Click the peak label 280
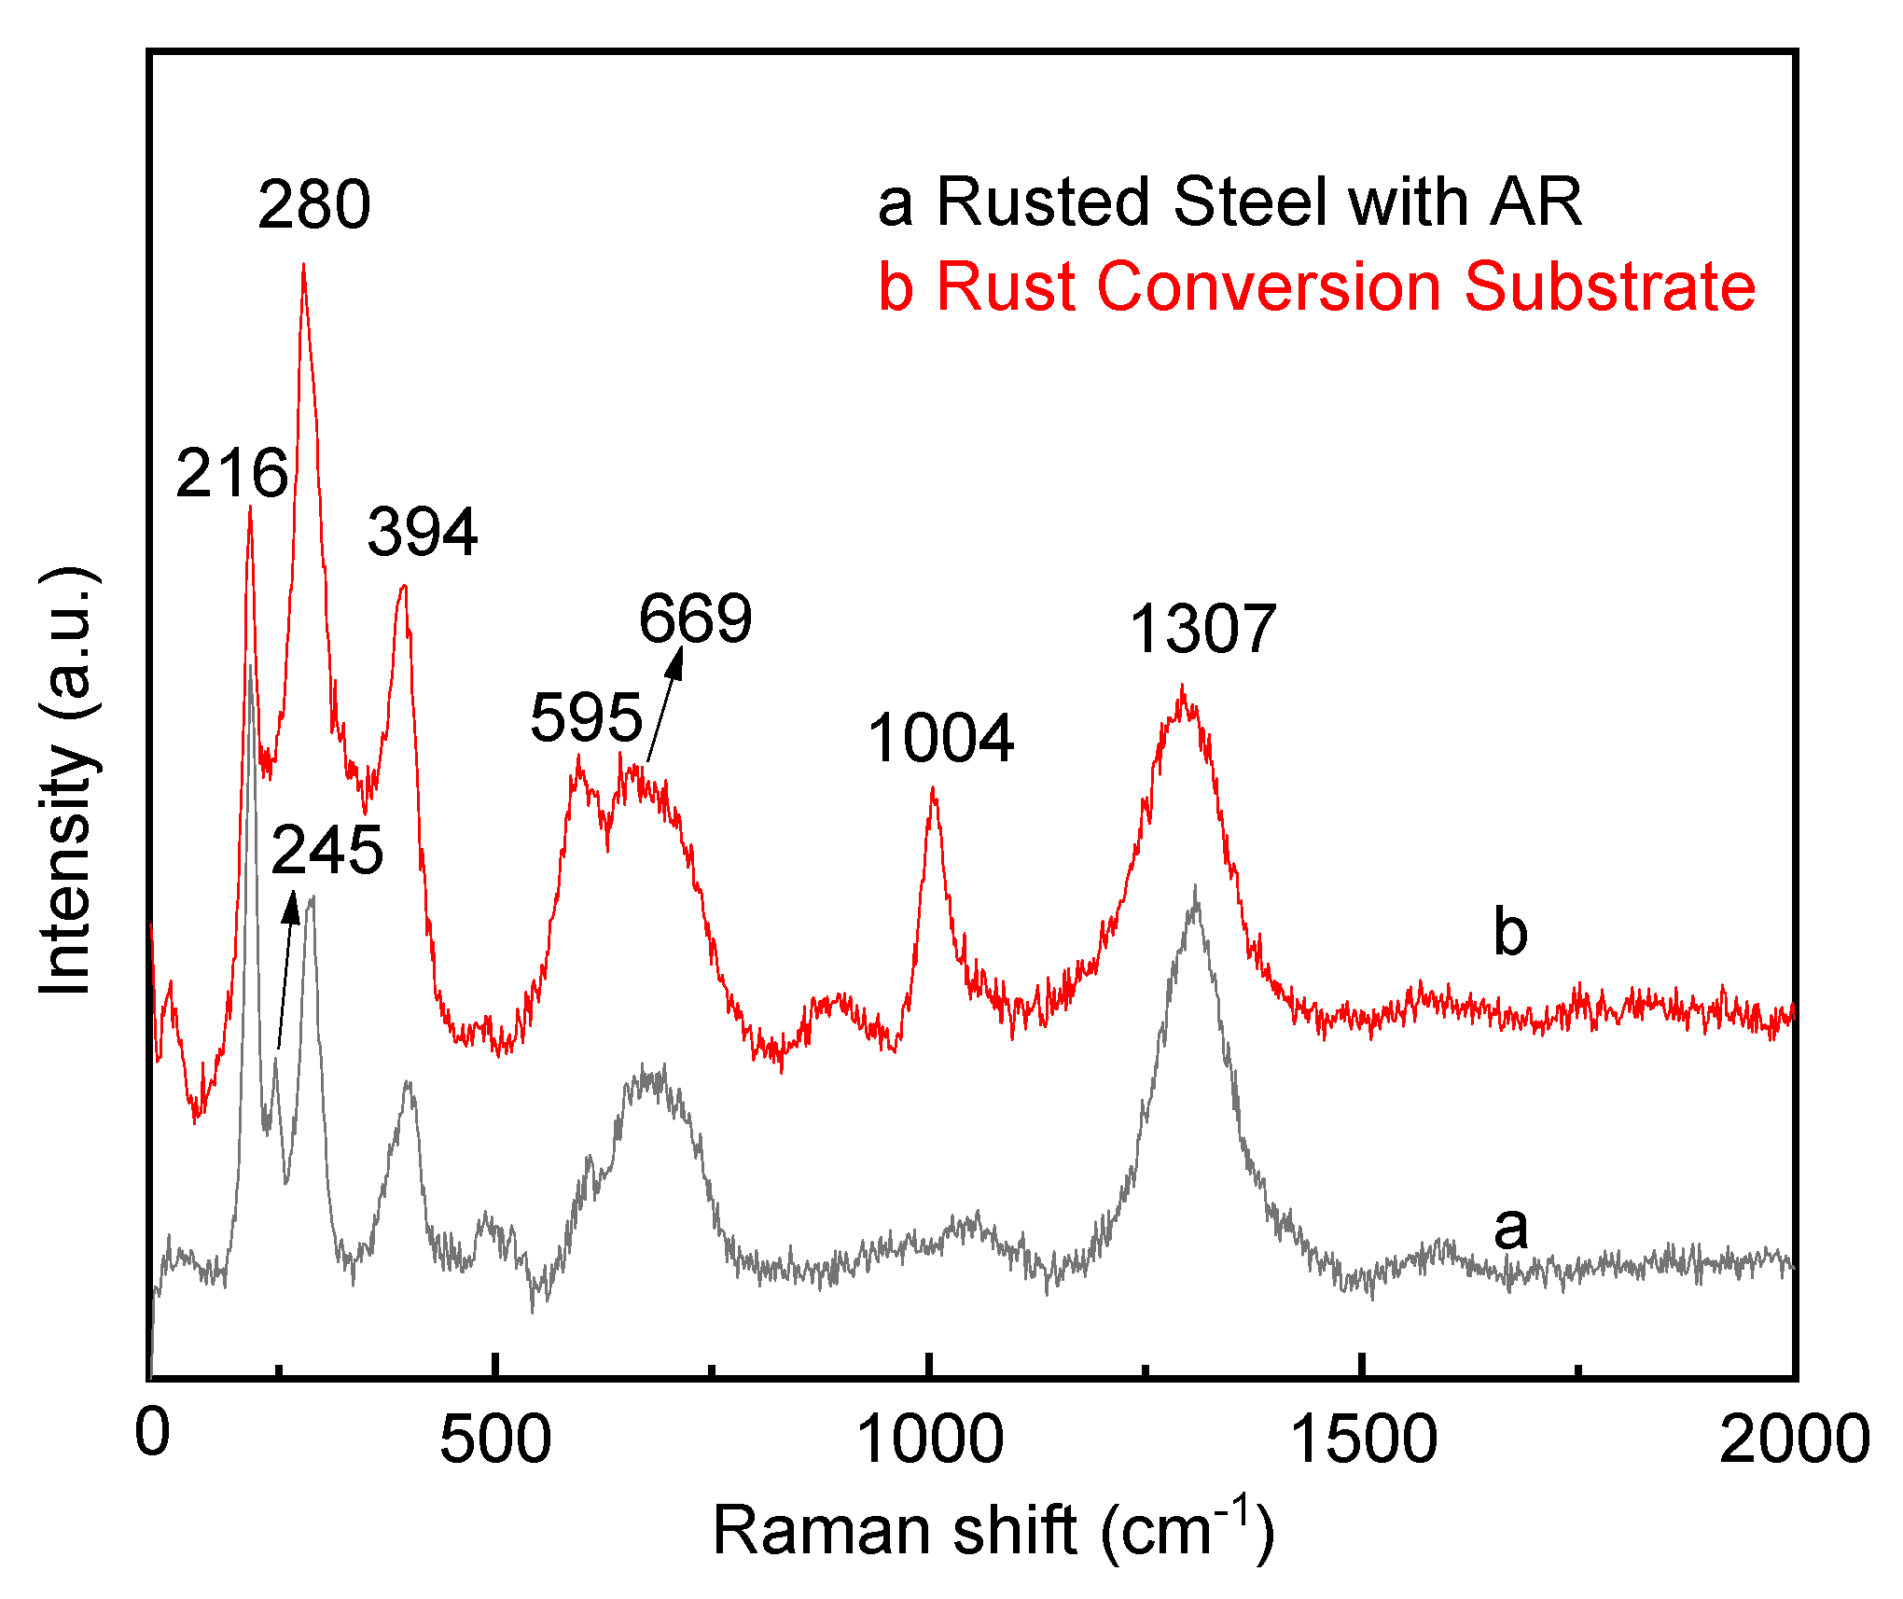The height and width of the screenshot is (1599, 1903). click(x=314, y=204)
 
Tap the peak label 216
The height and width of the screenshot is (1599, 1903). click(x=231, y=473)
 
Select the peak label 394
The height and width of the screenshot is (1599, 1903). click(x=423, y=532)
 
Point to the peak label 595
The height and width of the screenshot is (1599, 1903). click(x=586, y=717)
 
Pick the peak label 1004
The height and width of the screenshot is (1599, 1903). click(x=940, y=738)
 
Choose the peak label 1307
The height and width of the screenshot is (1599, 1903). click(x=1202, y=629)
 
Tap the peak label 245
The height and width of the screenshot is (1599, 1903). click(x=326, y=851)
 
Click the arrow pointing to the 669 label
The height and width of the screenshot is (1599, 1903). click(x=665, y=703)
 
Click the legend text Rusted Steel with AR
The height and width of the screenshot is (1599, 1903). click(x=1229, y=202)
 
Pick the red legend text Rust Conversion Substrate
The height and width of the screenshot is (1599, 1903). click(x=1316, y=285)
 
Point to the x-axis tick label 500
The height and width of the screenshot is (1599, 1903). click(x=495, y=1439)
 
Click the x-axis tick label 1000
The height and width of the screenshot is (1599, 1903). click(x=930, y=1439)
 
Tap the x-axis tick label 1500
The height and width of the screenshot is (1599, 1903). click(x=1363, y=1439)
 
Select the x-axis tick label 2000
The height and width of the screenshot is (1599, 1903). click(x=1794, y=1439)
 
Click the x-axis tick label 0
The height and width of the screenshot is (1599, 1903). click(x=152, y=1432)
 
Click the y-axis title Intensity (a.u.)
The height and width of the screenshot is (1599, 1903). click(x=67, y=780)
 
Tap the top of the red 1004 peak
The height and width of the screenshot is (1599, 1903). click(x=932, y=788)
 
